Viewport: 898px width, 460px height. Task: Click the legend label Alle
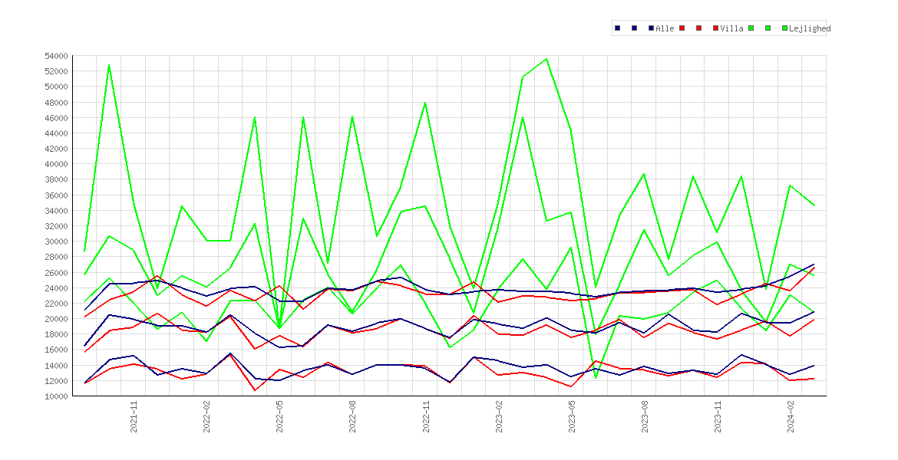coord(665,28)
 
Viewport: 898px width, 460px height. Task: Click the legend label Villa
coord(732,28)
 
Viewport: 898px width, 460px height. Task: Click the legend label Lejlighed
coord(810,28)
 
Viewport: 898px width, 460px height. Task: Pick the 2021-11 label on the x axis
coord(134,416)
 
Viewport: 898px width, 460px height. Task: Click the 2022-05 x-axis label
coord(279,416)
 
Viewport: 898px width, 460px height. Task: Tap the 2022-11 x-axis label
coord(425,416)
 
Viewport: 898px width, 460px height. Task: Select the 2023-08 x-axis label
coord(645,416)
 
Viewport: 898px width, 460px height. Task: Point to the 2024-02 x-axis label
coord(791,416)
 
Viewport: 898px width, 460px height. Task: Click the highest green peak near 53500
coord(547,59)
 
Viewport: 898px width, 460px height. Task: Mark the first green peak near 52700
coord(109,64)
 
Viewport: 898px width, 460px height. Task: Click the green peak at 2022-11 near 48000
coord(425,103)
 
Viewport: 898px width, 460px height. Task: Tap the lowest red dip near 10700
coord(255,390)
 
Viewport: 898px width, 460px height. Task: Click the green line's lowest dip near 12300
coord(596,378)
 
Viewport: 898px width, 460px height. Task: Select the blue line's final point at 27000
coord(814,264)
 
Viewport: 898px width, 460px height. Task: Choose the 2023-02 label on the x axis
coord(499,416)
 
